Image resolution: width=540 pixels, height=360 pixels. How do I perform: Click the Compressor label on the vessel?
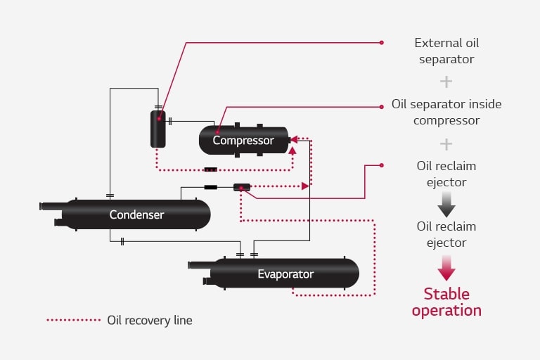[243, 141]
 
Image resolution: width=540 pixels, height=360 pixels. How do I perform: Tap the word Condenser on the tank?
[136, 214]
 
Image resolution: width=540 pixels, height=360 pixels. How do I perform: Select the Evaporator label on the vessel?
[285, 274]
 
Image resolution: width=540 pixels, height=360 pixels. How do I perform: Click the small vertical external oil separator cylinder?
[158, 129]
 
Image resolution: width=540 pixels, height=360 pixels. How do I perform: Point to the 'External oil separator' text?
[446, 51]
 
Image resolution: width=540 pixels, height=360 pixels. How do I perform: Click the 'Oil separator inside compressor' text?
[446, 112]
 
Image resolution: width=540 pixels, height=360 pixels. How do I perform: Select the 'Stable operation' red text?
[446, 302]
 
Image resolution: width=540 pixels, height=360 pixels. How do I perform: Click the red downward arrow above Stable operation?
[446, 267]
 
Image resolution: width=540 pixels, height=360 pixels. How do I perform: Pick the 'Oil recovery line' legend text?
[149, 320]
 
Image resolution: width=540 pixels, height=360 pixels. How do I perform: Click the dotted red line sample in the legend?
[74, 320]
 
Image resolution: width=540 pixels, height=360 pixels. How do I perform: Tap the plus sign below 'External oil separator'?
[446, 82]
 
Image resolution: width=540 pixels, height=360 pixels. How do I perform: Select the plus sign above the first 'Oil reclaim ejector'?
[446, 144]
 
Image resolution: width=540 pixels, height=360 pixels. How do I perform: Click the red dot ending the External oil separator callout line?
[382, 42]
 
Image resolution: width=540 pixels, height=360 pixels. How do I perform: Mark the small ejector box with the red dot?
[241, 187]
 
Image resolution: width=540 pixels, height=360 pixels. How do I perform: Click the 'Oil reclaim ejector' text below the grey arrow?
[446, 234]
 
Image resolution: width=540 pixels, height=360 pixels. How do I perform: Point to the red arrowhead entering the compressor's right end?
[293, 139]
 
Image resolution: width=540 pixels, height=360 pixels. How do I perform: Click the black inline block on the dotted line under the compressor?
[210, 169]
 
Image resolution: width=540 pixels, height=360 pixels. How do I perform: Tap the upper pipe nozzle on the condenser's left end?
[52, 206]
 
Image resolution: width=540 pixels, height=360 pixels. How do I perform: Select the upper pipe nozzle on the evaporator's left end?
[200, 265]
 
